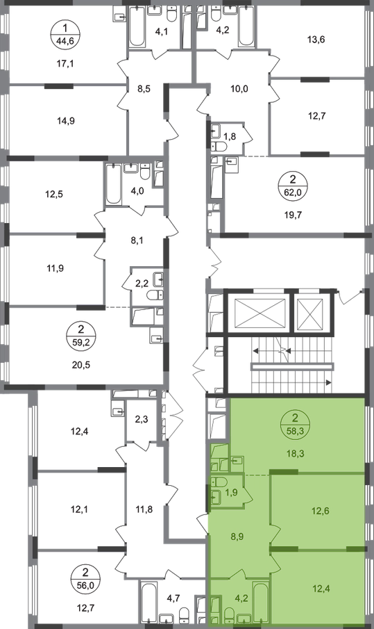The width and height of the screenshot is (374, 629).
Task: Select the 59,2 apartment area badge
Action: (x=81, y=336)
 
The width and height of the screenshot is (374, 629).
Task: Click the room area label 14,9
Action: (x=66, y=120)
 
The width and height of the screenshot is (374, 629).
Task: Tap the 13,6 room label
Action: (x=316, y=40)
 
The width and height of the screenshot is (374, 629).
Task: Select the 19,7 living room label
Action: (x=293, y=215)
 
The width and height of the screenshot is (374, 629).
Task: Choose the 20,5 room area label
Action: (x=81, y=365)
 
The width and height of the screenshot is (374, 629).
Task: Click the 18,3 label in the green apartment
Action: (x=296, y=454)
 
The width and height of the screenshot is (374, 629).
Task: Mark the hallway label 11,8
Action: (x=144, y=509)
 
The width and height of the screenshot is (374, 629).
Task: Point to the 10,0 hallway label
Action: (x=239, y=89)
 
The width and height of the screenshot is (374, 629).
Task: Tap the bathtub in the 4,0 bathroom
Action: (x=113, y=184)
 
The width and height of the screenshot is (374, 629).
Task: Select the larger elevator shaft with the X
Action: (x=260, y=313)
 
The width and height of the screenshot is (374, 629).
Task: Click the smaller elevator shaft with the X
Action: (x=311, y=313)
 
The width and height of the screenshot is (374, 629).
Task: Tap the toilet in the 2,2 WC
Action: (x=155, y=295)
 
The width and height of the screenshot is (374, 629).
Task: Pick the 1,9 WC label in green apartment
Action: (x=232, y=492)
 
